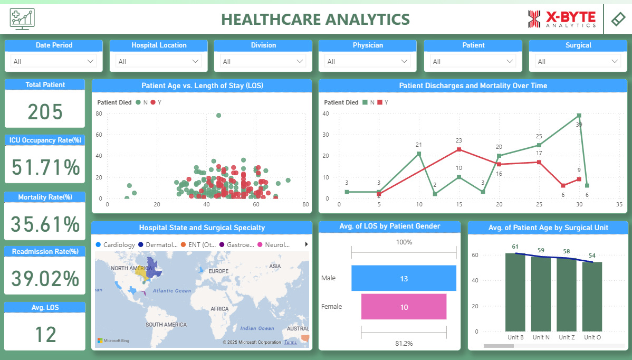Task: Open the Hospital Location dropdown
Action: [159, 62]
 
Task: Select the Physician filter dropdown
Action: [367, 62]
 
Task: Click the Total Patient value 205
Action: [45, 112]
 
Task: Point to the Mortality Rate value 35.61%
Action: [45, 224]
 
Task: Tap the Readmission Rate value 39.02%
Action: [45, 279]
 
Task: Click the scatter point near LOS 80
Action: [218, 115]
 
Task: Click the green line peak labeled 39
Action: [579, 115]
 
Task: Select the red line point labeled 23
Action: [459, 149]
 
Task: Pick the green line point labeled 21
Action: [419, 154]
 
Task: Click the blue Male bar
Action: [404, 278]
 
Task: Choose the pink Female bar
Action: [404, 307]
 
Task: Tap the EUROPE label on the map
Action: [218, 271]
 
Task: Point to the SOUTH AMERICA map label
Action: [166, 325]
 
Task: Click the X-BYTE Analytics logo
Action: [562, 19]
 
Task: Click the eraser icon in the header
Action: [618, 19]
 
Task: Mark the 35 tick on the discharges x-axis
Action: [619, 204]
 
